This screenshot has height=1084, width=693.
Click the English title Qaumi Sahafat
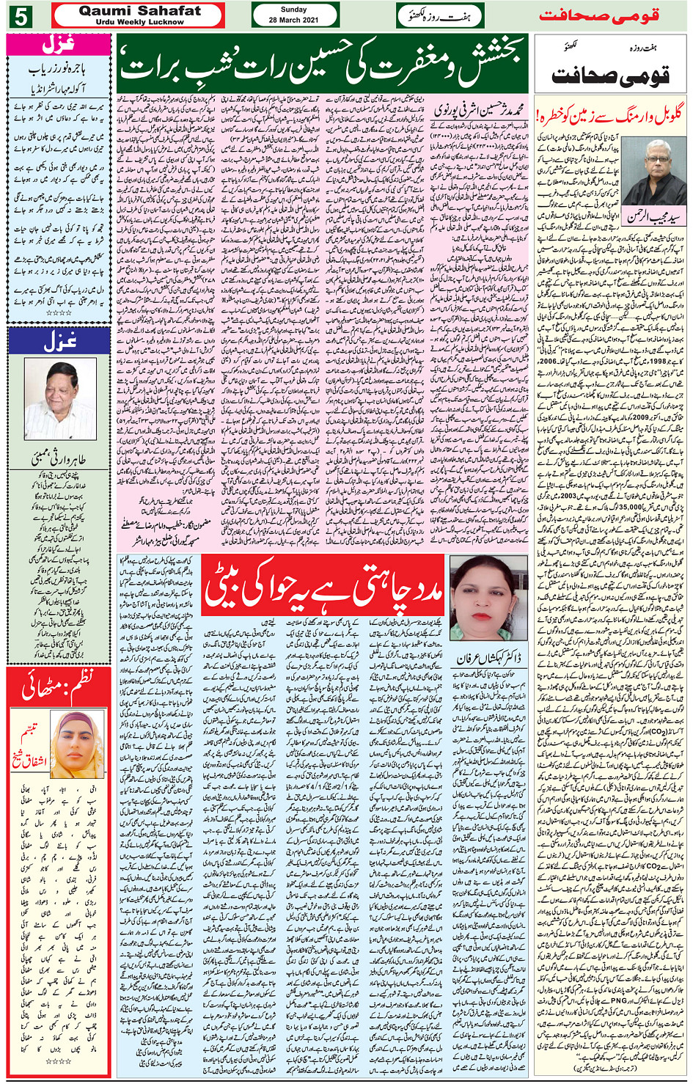139,10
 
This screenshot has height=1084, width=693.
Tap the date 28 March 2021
293,20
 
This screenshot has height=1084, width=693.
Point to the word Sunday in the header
293,10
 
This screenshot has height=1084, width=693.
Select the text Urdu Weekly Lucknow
139,22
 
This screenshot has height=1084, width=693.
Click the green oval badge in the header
439,15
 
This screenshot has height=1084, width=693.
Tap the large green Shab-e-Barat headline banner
322,64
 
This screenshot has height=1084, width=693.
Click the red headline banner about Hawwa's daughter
324,586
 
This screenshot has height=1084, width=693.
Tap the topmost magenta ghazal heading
58,45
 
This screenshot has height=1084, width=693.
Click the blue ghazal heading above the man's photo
58,341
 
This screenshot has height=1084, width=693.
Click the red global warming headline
609,115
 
